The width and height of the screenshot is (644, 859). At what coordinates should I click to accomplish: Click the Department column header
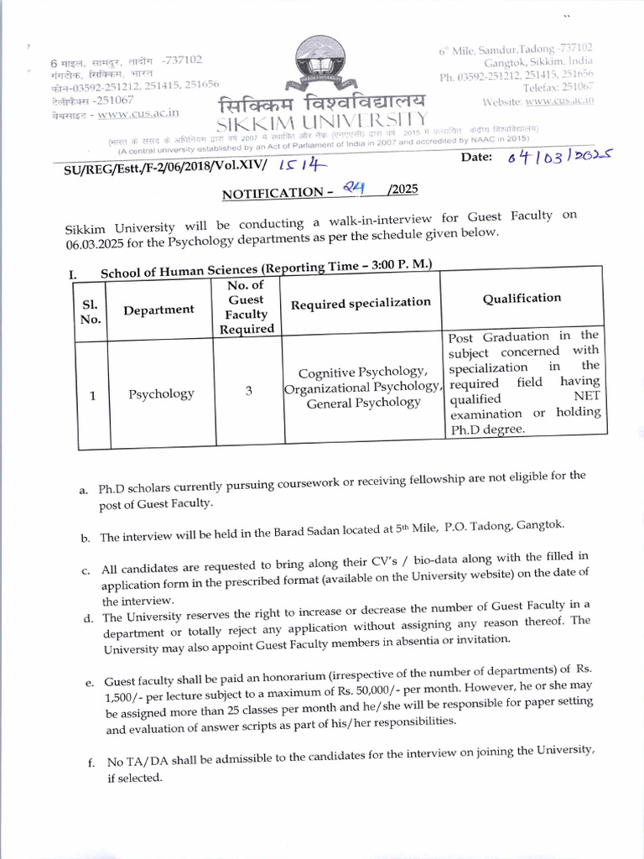(159, 310)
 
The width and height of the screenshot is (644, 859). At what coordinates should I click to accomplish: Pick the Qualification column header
(522, 298)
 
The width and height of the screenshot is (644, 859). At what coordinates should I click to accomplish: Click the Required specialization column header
(361, 303)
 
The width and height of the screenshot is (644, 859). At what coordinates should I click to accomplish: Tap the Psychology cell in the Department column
(161, 393)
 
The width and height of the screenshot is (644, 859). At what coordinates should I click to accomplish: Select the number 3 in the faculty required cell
(250, 390)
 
